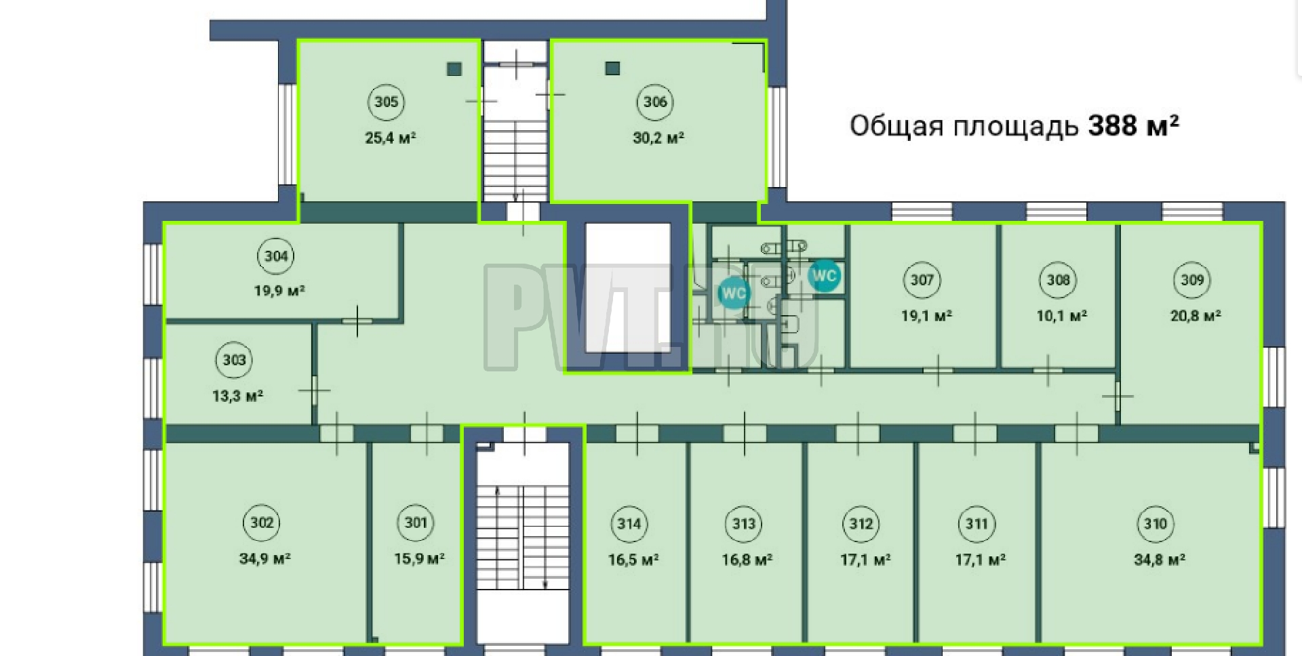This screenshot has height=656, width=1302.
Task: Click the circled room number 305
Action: (x=387, y=102)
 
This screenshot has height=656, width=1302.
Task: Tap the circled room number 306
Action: (x=655, y=102)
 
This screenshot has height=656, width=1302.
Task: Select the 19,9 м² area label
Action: (x=279, y=291)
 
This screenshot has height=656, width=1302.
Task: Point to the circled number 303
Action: (x=235, y=360)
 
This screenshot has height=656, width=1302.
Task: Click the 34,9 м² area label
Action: (x=265, y=559)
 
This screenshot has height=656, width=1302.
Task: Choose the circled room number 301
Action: (x=416, y=522)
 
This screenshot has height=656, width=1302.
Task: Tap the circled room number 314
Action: (x=629, y=524)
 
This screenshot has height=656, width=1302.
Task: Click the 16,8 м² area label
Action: (x=747, y=560)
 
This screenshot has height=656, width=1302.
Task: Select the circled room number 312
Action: (x=861, y=524)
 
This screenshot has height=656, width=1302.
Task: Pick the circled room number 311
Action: (x=976, y=524)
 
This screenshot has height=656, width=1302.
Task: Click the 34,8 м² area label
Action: (x=1160, y=560)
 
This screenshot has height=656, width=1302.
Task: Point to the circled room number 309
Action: (x=1192, y=280)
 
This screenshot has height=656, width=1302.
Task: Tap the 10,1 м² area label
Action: (x=1062, y=316)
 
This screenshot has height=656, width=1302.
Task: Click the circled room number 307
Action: (x=922, y=280)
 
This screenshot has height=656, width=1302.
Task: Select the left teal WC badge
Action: (x=734, y=293)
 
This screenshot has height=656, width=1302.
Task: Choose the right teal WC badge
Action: (x=824, y=276)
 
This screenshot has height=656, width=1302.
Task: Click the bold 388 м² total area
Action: (x=1133, y=125)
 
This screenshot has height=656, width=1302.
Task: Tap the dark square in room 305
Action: (x=454, y=68)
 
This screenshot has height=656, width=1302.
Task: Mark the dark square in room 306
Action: (x=612, y=68)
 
